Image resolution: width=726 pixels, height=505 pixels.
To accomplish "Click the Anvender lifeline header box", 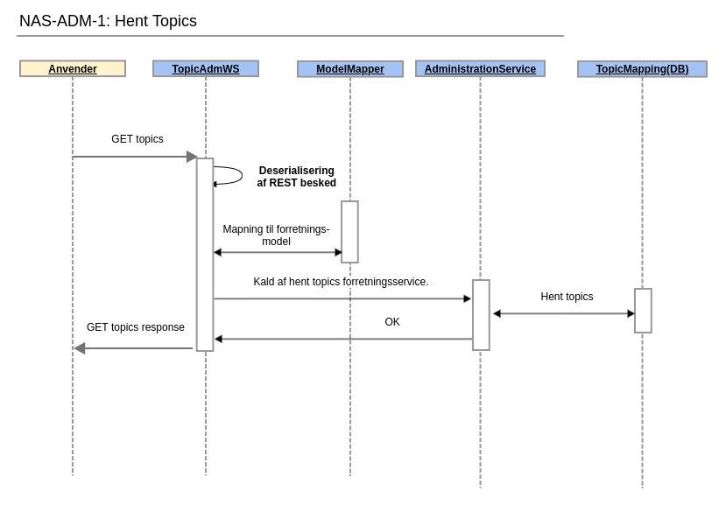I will [73, 68].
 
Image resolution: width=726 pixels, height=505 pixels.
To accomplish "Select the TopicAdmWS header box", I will [206, 68].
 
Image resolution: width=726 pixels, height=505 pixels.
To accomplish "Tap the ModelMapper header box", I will [350, 69].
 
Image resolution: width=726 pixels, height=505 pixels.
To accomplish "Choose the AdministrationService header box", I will [480, 68].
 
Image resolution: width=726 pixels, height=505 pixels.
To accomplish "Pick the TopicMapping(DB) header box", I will [642, 69].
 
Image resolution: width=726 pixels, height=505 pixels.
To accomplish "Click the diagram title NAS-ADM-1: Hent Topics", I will [108, 21].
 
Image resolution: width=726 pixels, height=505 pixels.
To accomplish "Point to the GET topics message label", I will [137, 139].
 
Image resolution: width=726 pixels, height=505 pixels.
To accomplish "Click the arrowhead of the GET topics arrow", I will [192, 157].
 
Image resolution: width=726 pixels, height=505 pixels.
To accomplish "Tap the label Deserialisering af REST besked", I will [296, 177].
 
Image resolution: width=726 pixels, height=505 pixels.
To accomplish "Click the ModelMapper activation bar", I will [349, 232].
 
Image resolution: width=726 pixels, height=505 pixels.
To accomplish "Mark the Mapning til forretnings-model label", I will [276, 235].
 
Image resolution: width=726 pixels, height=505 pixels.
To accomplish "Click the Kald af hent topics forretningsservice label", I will [341, 282].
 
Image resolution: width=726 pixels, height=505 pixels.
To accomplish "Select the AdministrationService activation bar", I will [481, 315].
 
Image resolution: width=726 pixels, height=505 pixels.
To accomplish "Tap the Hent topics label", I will [567, 297].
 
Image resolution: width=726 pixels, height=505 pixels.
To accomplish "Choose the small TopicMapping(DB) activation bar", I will [643, 311].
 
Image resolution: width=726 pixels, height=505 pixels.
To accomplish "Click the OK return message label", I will [392, 322].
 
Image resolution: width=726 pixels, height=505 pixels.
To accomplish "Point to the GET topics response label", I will [136, 327].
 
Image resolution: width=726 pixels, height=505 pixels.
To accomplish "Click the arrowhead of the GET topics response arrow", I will [80, 348].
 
